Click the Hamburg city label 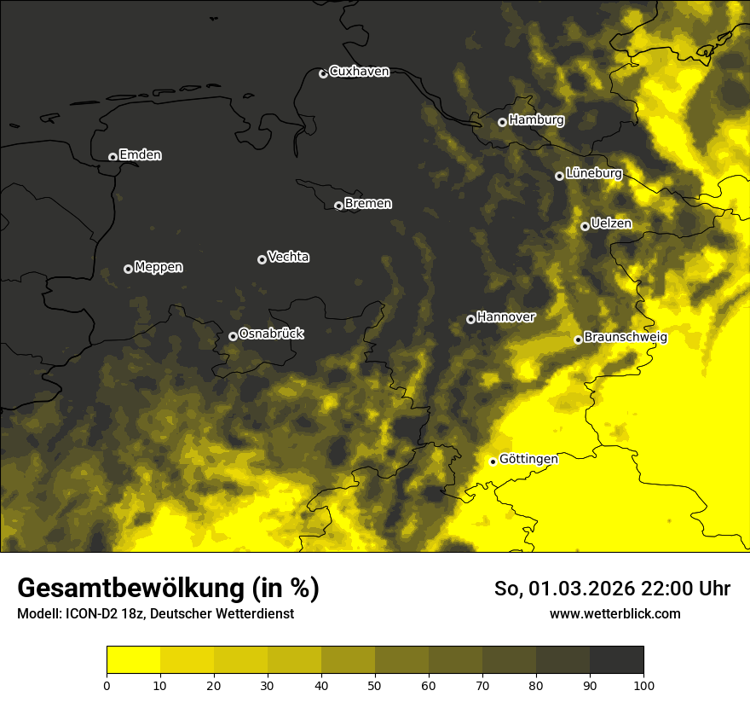[536, 120]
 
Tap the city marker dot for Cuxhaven [323, 73]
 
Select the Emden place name [140, 155]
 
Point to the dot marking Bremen [338, 206]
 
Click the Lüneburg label [593, 173]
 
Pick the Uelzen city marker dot [585, 226]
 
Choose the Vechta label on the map [288, 257]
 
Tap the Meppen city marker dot [128, 269]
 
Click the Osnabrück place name [271, 334]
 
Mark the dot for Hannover [470, 319]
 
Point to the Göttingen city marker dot [493, 461]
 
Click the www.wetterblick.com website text [614, 613]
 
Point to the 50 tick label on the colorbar [375, 685]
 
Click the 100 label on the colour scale [643, 685]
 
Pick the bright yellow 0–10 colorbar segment [133, 660]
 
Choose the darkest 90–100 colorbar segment [616, 660]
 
